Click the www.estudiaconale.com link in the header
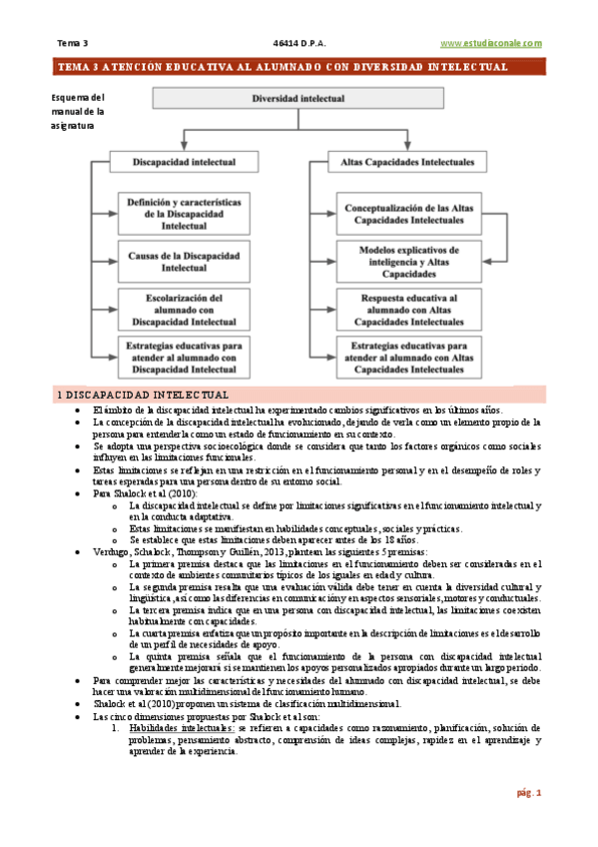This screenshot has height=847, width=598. pyautogui.click(x=491, y=43)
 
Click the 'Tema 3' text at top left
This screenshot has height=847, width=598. pyautogui.click(x=72, y=43)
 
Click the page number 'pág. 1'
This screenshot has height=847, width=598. pyautogui.click(x=528, y=793)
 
